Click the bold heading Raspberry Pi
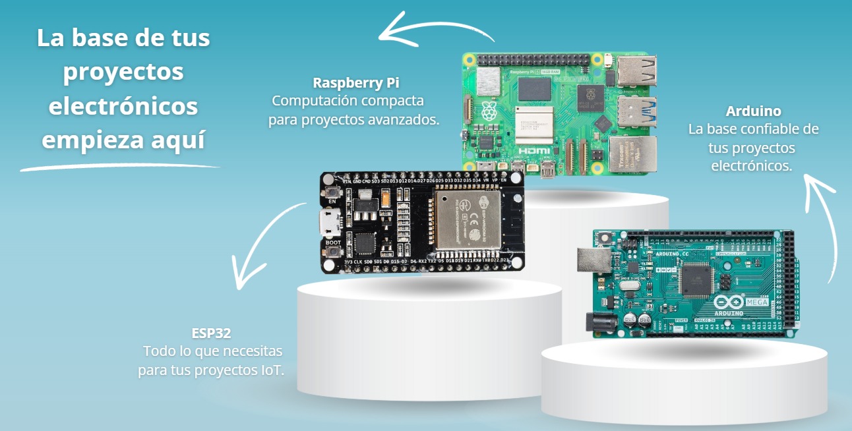pyautogui.click(x=356, y=83)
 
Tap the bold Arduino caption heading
pyautogui.click(x=753, y=111)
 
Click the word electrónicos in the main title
pyautogui.click(x=123, y=107)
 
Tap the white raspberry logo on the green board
pyautogui.click(x=490, y=111)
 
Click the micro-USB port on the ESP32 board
pyautogui.click(x=330, y=223)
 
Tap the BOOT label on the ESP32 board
pyautogui.click(x=333, y=243)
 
